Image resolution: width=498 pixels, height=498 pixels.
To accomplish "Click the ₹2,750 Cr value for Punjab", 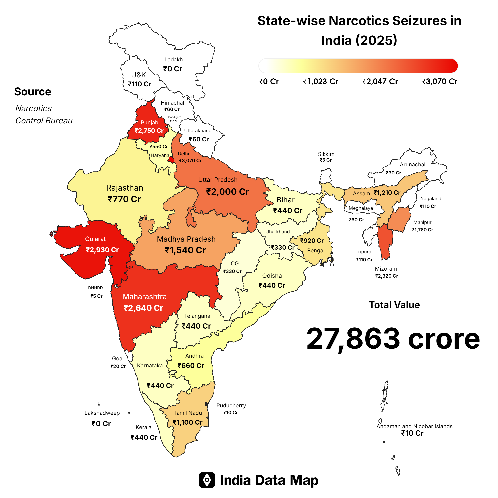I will [x=149, y=131].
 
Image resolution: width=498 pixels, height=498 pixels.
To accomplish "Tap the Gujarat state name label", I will [x=95, y=239].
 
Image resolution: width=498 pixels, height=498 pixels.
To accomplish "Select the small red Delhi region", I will [x=171, y=160].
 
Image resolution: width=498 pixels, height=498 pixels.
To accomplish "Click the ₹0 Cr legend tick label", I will [x=269, y=81].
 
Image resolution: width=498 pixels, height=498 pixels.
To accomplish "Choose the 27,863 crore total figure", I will [x=393, y=338].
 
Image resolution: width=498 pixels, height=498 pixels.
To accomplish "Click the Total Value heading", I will [x=394, y=305].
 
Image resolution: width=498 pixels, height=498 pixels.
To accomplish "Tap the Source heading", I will [x=33, y=91].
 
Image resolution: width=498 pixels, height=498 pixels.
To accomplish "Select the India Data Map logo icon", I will [x=207, y=480].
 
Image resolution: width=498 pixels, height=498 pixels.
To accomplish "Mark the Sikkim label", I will [x=326, y=154].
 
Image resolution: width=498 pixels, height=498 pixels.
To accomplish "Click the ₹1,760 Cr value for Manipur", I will [x=422, y=230].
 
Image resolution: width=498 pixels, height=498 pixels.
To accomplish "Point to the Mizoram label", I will [x=386, y=269].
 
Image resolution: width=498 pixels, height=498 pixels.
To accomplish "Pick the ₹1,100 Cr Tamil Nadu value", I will [x=188, y=422].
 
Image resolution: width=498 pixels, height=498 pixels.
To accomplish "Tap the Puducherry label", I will [x=231, y=405].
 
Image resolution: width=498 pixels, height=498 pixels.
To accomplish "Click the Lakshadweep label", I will [x=102, y=413].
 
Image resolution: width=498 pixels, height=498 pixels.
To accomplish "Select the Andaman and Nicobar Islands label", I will [x=414, y=426].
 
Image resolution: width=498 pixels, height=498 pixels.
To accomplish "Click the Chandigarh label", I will [x=174, y=117].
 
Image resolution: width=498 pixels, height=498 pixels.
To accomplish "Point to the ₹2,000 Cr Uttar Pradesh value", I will [x=227, y=192].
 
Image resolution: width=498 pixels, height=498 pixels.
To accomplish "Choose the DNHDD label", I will [x=95, y=288].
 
